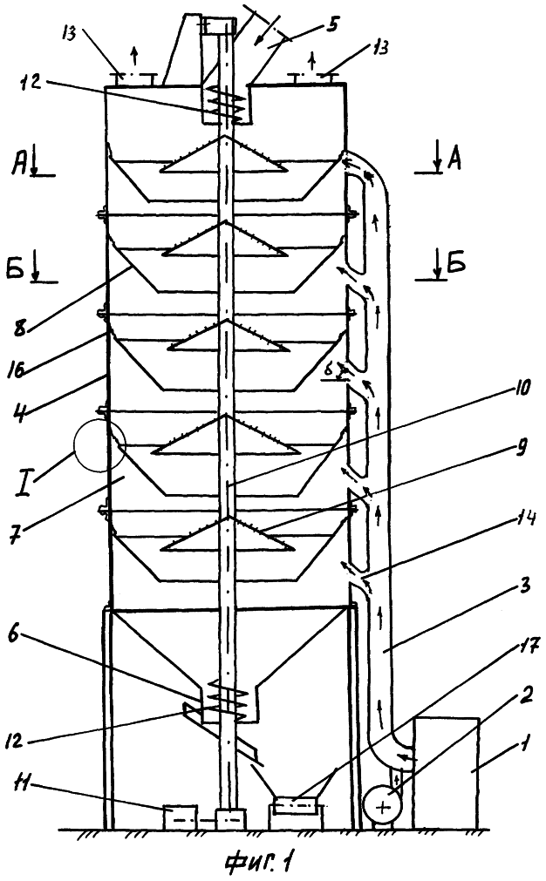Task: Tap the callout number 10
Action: [x=520, y=389]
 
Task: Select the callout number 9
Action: [x=520, y=447]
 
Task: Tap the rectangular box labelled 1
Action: [x=447, y=773]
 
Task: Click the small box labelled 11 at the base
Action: [x=180, y=817]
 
